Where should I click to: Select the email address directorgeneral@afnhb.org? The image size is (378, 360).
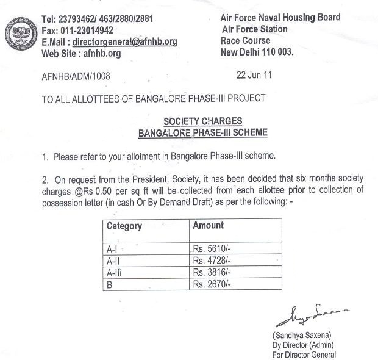(124, 41)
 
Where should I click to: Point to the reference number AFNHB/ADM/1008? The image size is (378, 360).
(76, 76)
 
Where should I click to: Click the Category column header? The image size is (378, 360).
(124, 226)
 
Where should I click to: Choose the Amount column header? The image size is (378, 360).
(208, 225)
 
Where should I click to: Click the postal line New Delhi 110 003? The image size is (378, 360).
(257, 52)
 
